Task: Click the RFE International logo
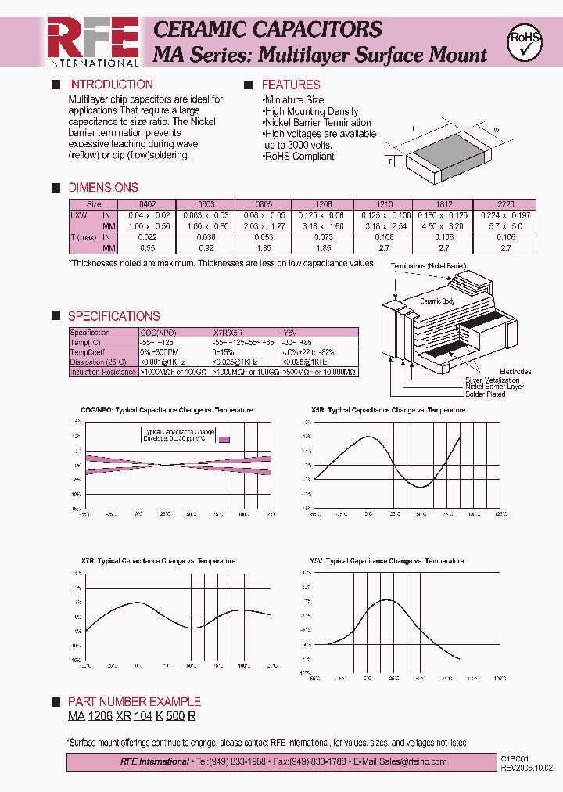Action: tap(92, 41)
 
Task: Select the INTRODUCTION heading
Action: tap(110, 85)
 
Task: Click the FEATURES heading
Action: tap(290, 85)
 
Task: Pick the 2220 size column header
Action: tap(506, 203)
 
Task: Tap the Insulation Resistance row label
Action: tap(103, 373)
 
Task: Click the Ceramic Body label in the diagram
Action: tap(438, 301)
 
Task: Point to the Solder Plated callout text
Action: tap(486, 394)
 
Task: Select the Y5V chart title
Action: tap(386, 561)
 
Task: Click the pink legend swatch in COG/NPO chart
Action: tap(224, 440)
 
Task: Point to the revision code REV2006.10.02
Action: tap(525, 768)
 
